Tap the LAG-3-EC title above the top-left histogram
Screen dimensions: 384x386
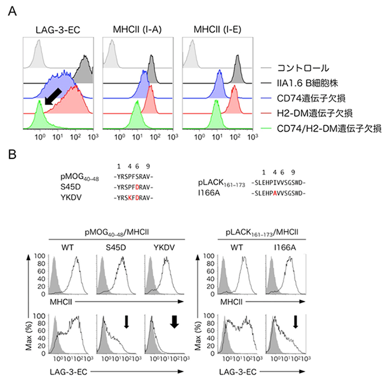tap(55, 30)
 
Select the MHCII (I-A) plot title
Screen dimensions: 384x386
tap(136, 30)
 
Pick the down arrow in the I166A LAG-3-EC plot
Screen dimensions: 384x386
tap(295, 321)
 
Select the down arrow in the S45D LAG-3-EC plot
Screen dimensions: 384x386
tap(126, 321)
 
